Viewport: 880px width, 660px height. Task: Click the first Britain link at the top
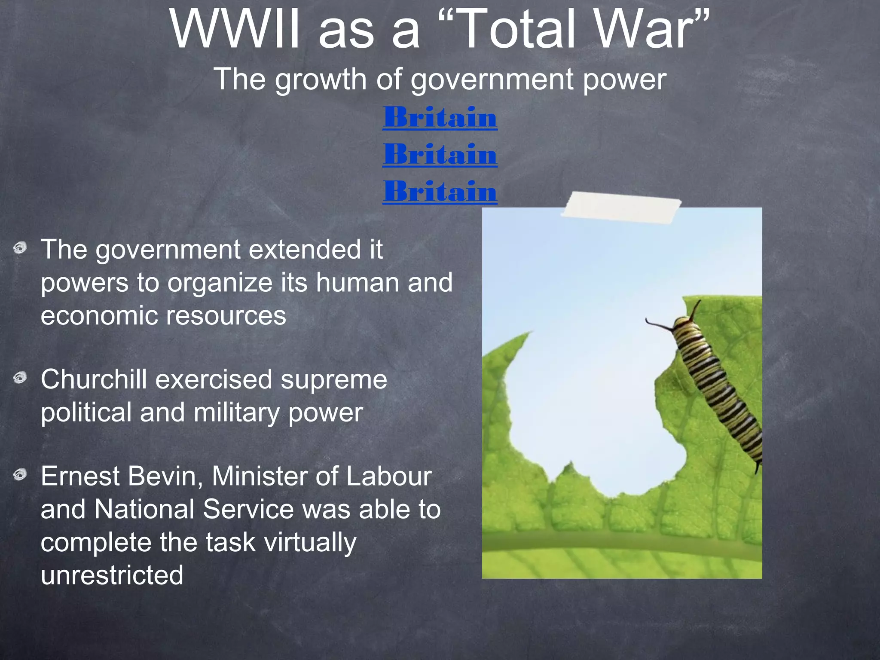440,117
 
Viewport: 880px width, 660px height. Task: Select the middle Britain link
440,154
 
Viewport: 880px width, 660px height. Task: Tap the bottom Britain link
440,192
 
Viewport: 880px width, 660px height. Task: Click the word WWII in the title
234,30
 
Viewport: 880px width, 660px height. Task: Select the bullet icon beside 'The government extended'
20,248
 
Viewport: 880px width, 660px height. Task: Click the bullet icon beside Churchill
20,378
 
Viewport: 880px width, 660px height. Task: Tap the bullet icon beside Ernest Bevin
20,475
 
